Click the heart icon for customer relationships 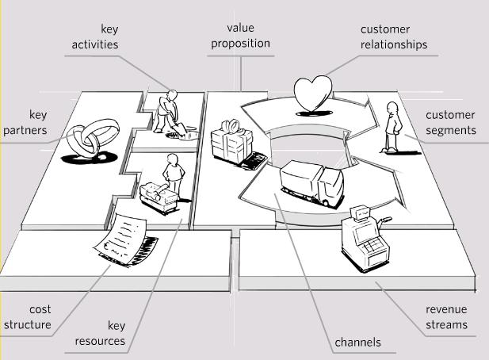click(x=313, y=94)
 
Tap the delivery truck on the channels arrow click(x=311, y=183)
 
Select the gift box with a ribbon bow click(x=231, y=142)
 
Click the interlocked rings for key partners click(x=93, y=138)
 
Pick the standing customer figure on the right click(x=393, y=127)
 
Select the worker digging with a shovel click(x=167, y=112)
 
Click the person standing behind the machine click(x=174, y=175)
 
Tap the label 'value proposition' click(x=240, y=36)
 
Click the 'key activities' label click(x=95, y=36)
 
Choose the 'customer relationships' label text click(x=394, y=36)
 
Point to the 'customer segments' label click(x=451, y=122)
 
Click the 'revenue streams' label click(x=446, y=316)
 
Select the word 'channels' click(x=357, y=343)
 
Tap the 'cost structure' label click(x=28, y=317)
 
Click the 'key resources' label click(x=100, y=333)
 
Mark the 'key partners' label click(x=25, y=122)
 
